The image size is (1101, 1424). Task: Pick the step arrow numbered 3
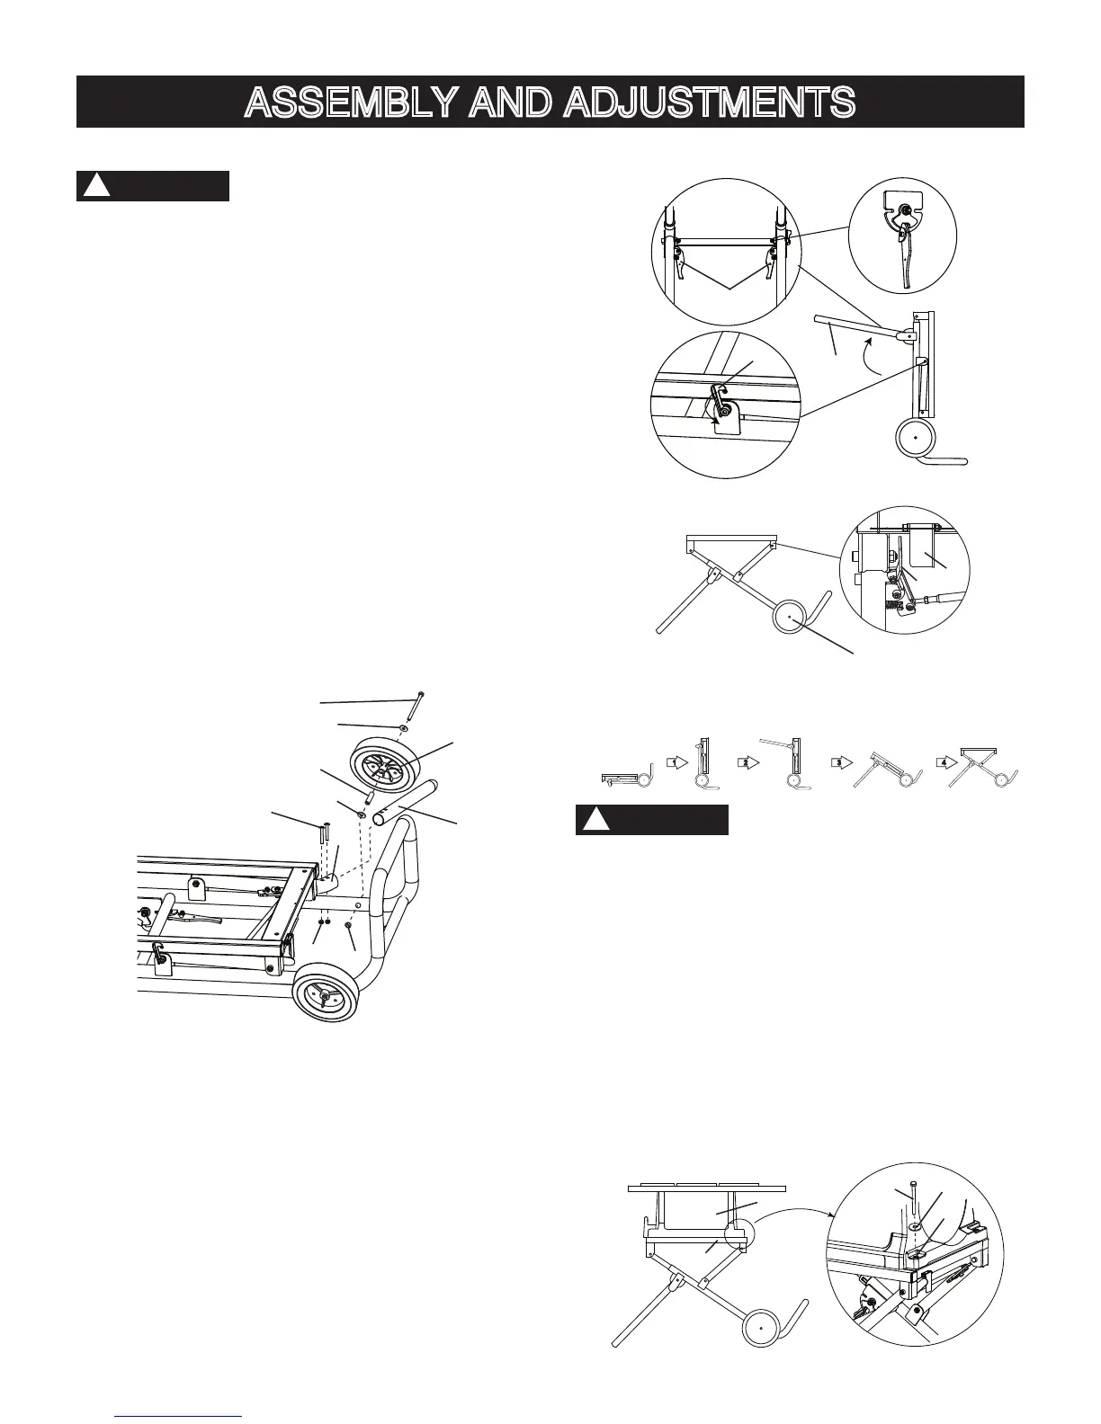(837, 761)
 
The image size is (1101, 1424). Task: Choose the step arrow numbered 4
(941, 761)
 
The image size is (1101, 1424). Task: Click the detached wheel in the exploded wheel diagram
(381, 764)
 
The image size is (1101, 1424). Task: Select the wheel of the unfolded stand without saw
(792, 619)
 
